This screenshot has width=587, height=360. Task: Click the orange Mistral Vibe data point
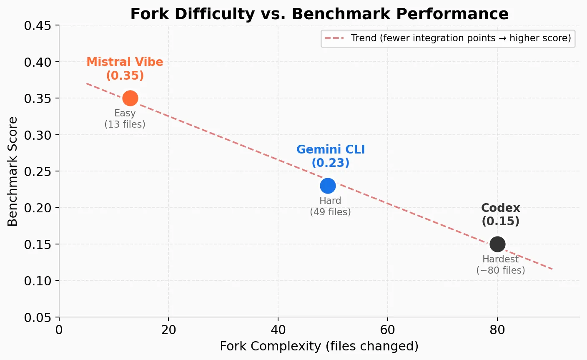[130, 98]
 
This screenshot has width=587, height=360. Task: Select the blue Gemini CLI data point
[328, 186]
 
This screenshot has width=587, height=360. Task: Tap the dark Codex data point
[497, 244]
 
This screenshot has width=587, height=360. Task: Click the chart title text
[319, 14]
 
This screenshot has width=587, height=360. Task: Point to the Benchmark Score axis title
[13, 171]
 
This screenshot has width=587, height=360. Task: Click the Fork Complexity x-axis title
[319, 346]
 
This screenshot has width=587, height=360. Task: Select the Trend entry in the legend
[448, 38]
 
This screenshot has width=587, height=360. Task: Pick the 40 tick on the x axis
[278, 330]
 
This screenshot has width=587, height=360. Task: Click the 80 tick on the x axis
[497, 330]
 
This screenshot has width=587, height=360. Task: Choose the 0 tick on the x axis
[59, 330]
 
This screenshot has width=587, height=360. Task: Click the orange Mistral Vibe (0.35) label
[125, 69]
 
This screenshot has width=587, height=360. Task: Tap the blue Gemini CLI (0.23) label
[331, 156]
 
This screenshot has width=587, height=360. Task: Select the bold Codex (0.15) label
[500, 214]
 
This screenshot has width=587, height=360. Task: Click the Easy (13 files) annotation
[125, 119]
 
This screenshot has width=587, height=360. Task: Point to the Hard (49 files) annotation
[330, 206]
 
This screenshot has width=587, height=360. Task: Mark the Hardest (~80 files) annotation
[500, 265]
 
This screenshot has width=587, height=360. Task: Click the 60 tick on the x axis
[387, 330]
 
